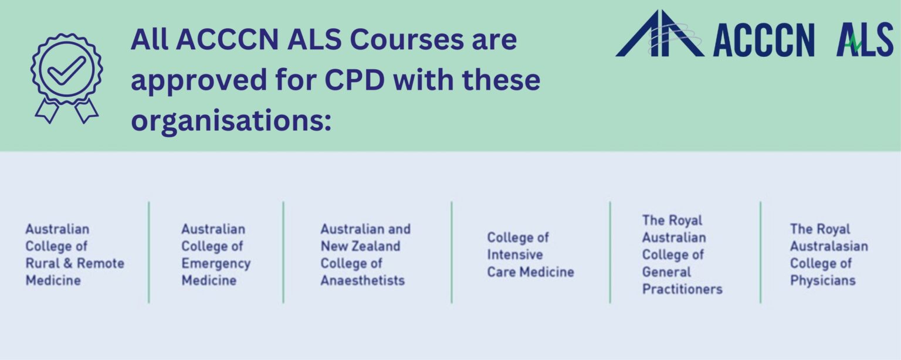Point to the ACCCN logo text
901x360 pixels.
coord(764,42)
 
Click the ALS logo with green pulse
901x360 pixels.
coord(865,41)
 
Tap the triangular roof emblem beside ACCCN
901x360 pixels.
coord(659,35)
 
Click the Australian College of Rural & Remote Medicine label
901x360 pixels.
coord(74,254)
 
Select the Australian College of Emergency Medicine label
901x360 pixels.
coord(215,254)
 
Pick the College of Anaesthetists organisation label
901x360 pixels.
coord(365,254)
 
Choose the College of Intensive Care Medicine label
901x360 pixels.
coord(530,254)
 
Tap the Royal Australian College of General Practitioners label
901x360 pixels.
coord(682,254)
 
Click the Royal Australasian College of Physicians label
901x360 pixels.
coord(828,254)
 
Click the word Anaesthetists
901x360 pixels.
coord(363,280)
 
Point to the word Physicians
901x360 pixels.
coord(822,280)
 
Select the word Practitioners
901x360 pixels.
coord(682,289)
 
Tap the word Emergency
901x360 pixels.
coord(215,263)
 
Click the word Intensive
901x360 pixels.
coord(514,254)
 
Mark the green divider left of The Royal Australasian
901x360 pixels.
coord(760,252)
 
